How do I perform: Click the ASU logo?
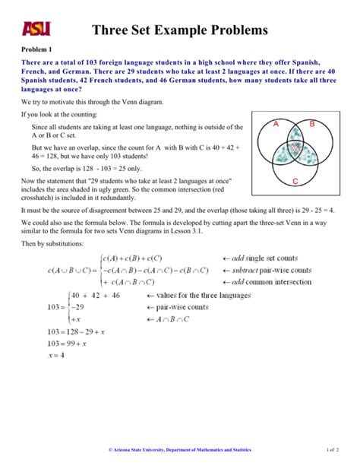click(x=36, y=28)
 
